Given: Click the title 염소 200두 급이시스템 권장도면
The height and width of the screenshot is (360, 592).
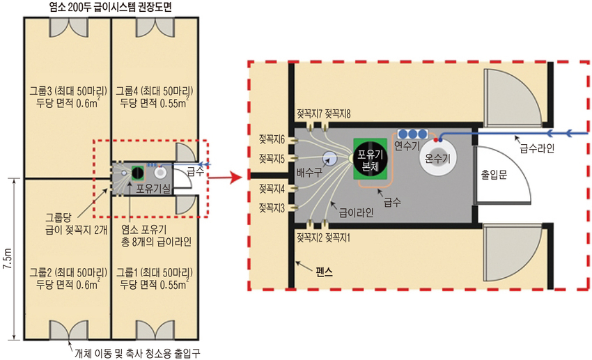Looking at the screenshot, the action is (111, 7).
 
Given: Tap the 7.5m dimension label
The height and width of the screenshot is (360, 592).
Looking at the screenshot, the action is (7, 259).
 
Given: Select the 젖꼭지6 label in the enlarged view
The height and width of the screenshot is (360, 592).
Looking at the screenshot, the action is (272, 139).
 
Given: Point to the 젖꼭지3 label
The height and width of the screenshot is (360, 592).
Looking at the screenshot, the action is (272, 208).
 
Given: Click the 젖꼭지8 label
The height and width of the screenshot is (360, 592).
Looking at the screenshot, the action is (338, 114).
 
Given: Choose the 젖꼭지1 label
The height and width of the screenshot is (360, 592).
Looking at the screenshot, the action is (338, 237).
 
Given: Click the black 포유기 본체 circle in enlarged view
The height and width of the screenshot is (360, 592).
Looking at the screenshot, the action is (370, 159).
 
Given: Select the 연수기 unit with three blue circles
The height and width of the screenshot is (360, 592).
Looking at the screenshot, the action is (412, 134).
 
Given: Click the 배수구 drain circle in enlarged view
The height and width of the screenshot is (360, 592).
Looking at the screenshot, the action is (329, 159).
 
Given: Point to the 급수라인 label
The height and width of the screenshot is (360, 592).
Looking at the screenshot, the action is (537, 149).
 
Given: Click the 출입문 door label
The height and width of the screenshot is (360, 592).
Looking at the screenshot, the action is (494, 174).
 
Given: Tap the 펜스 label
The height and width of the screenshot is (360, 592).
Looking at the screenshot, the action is (325, 272).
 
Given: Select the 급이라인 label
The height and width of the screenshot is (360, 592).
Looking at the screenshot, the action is (357, 213).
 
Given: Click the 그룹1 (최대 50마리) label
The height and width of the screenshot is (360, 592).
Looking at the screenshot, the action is (154, 272).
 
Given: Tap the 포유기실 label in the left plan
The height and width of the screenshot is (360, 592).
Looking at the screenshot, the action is (153, 188).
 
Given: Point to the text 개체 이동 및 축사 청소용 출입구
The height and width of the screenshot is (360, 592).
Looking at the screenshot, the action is (137, 354).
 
